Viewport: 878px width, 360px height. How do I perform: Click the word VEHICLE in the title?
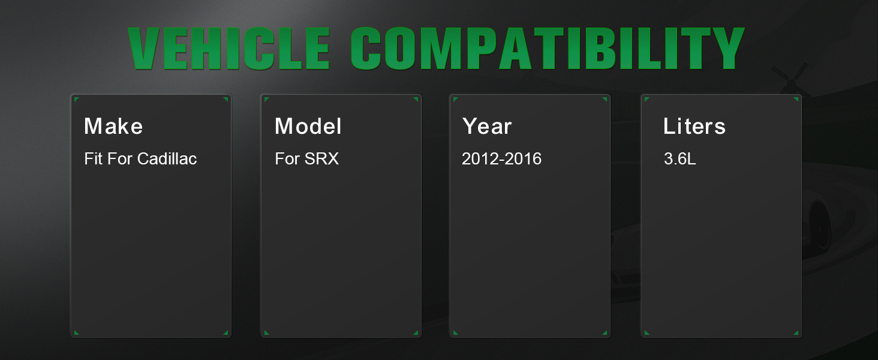[x=229, y=49]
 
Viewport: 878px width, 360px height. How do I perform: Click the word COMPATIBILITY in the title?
[x=547, y=49]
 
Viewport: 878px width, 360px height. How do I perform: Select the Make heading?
[x=113, y=126]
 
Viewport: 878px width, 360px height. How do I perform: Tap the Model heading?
[x=308, y=126]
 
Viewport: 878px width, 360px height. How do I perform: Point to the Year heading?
[x=487, y=126]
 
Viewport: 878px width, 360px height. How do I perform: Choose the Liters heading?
[x=694, y=126]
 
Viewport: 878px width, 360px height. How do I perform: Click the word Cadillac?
[x=167, y=159]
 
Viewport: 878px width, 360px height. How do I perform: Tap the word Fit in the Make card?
[x=94, y=159]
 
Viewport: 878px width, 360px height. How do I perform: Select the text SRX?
[x=321, y=159]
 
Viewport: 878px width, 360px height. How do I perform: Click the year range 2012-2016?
[x=501, y=159]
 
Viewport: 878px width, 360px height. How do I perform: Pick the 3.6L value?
[x=679, y=159]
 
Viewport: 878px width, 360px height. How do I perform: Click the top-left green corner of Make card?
[x=76, y=99]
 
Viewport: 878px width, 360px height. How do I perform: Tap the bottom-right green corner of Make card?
[x=226, y=334]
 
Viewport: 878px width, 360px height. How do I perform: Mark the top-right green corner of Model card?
[x=416, y=99]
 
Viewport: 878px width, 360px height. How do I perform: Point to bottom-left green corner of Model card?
[x=266, y=334]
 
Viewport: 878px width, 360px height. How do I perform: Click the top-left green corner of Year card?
[x=455, y=99]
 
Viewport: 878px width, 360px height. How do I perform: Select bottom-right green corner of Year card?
[x=605, y=334]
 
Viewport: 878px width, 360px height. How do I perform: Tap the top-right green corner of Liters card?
[x=796, y=99]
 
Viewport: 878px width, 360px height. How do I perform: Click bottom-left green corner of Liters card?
[x=647, y=334]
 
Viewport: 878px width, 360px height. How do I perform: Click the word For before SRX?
[x=287, y=159]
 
